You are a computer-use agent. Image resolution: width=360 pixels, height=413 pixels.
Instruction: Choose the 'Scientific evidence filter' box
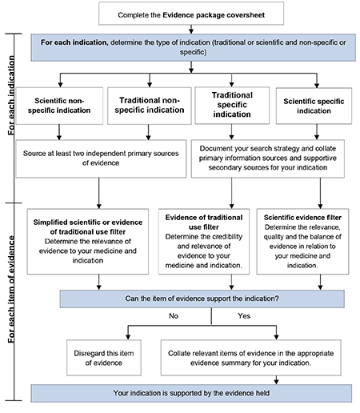[x=307, y=239]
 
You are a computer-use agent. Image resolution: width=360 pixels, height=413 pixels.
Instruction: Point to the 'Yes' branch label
[x=244, y=317]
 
